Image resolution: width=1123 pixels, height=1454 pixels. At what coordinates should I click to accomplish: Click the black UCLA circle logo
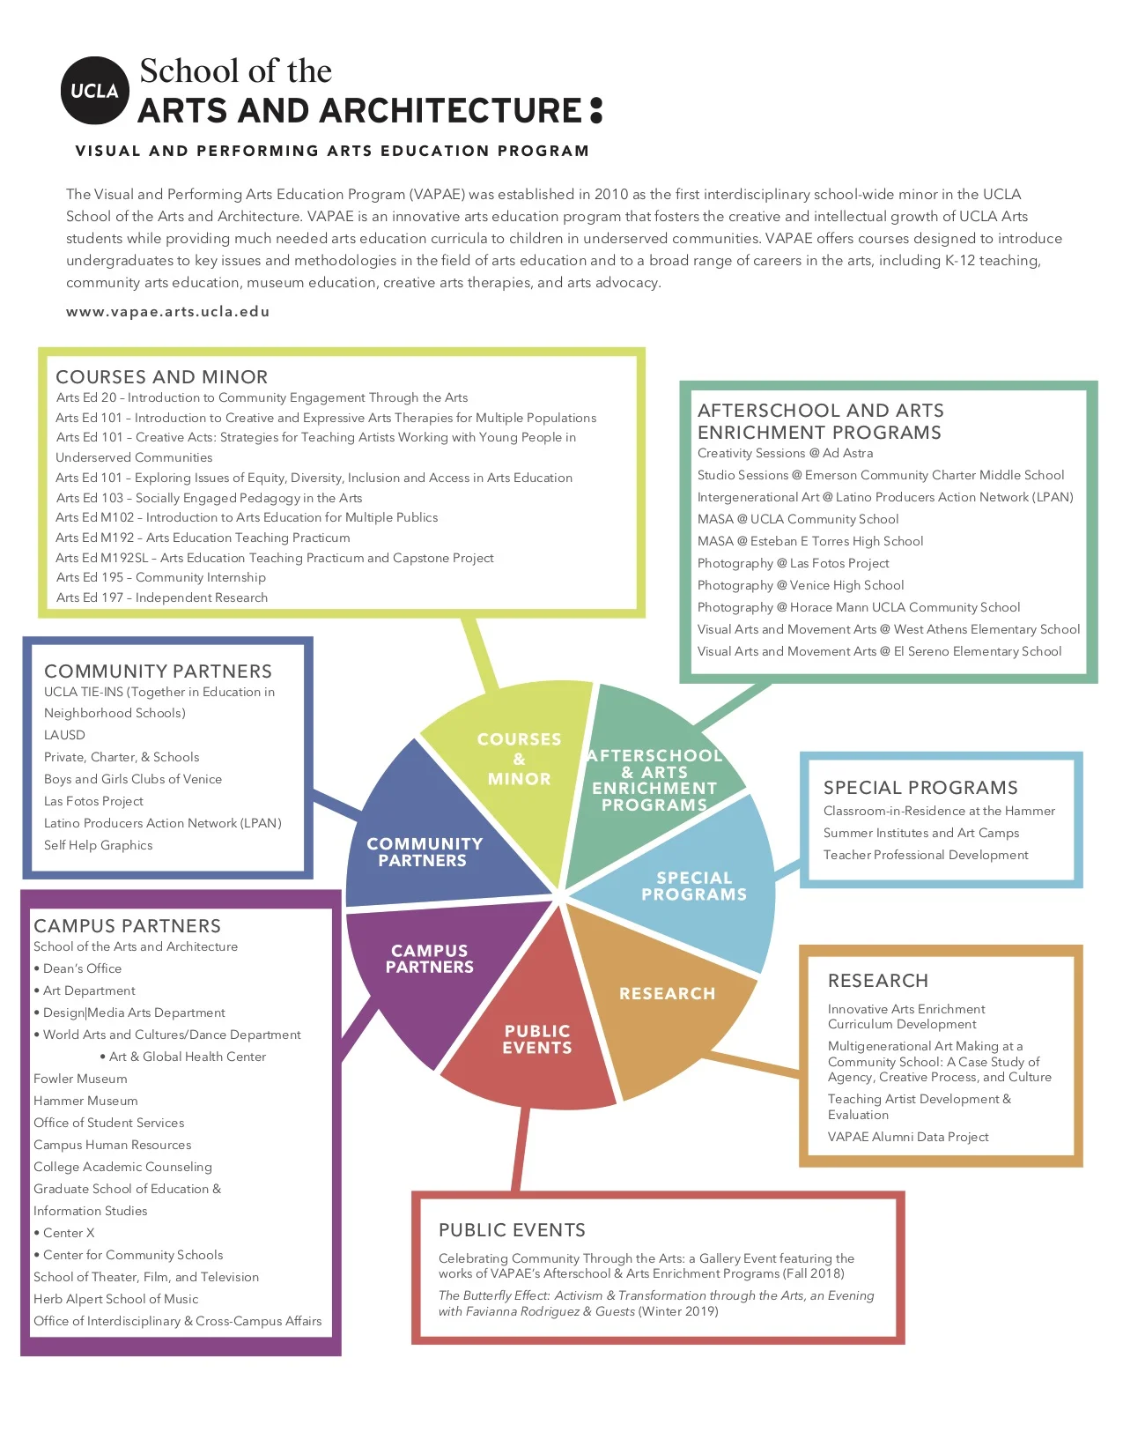pos(94,91)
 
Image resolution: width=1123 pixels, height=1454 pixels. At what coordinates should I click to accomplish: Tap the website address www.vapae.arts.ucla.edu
pos(167,311)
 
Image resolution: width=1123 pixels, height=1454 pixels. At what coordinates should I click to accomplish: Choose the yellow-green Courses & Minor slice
pos(520,767)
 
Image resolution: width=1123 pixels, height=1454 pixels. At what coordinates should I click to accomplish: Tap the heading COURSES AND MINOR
pos(161,376)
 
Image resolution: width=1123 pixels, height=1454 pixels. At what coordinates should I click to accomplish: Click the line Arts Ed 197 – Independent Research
pos(162,597)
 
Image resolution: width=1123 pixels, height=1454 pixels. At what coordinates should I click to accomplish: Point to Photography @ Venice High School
pos(800,585)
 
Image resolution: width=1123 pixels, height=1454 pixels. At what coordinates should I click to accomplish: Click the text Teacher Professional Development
pos(925,855)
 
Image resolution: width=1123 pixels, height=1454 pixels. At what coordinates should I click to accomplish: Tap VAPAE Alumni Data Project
pos(907,1137)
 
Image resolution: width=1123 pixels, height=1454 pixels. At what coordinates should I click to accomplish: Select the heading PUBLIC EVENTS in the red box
pos(512,1229)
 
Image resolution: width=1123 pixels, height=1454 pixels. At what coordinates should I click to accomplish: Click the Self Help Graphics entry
pos(98,845)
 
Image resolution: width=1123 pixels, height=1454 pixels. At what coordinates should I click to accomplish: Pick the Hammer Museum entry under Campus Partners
pos(85,1101)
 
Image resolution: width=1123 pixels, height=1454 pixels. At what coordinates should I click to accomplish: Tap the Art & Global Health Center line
pos(187,1057)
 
